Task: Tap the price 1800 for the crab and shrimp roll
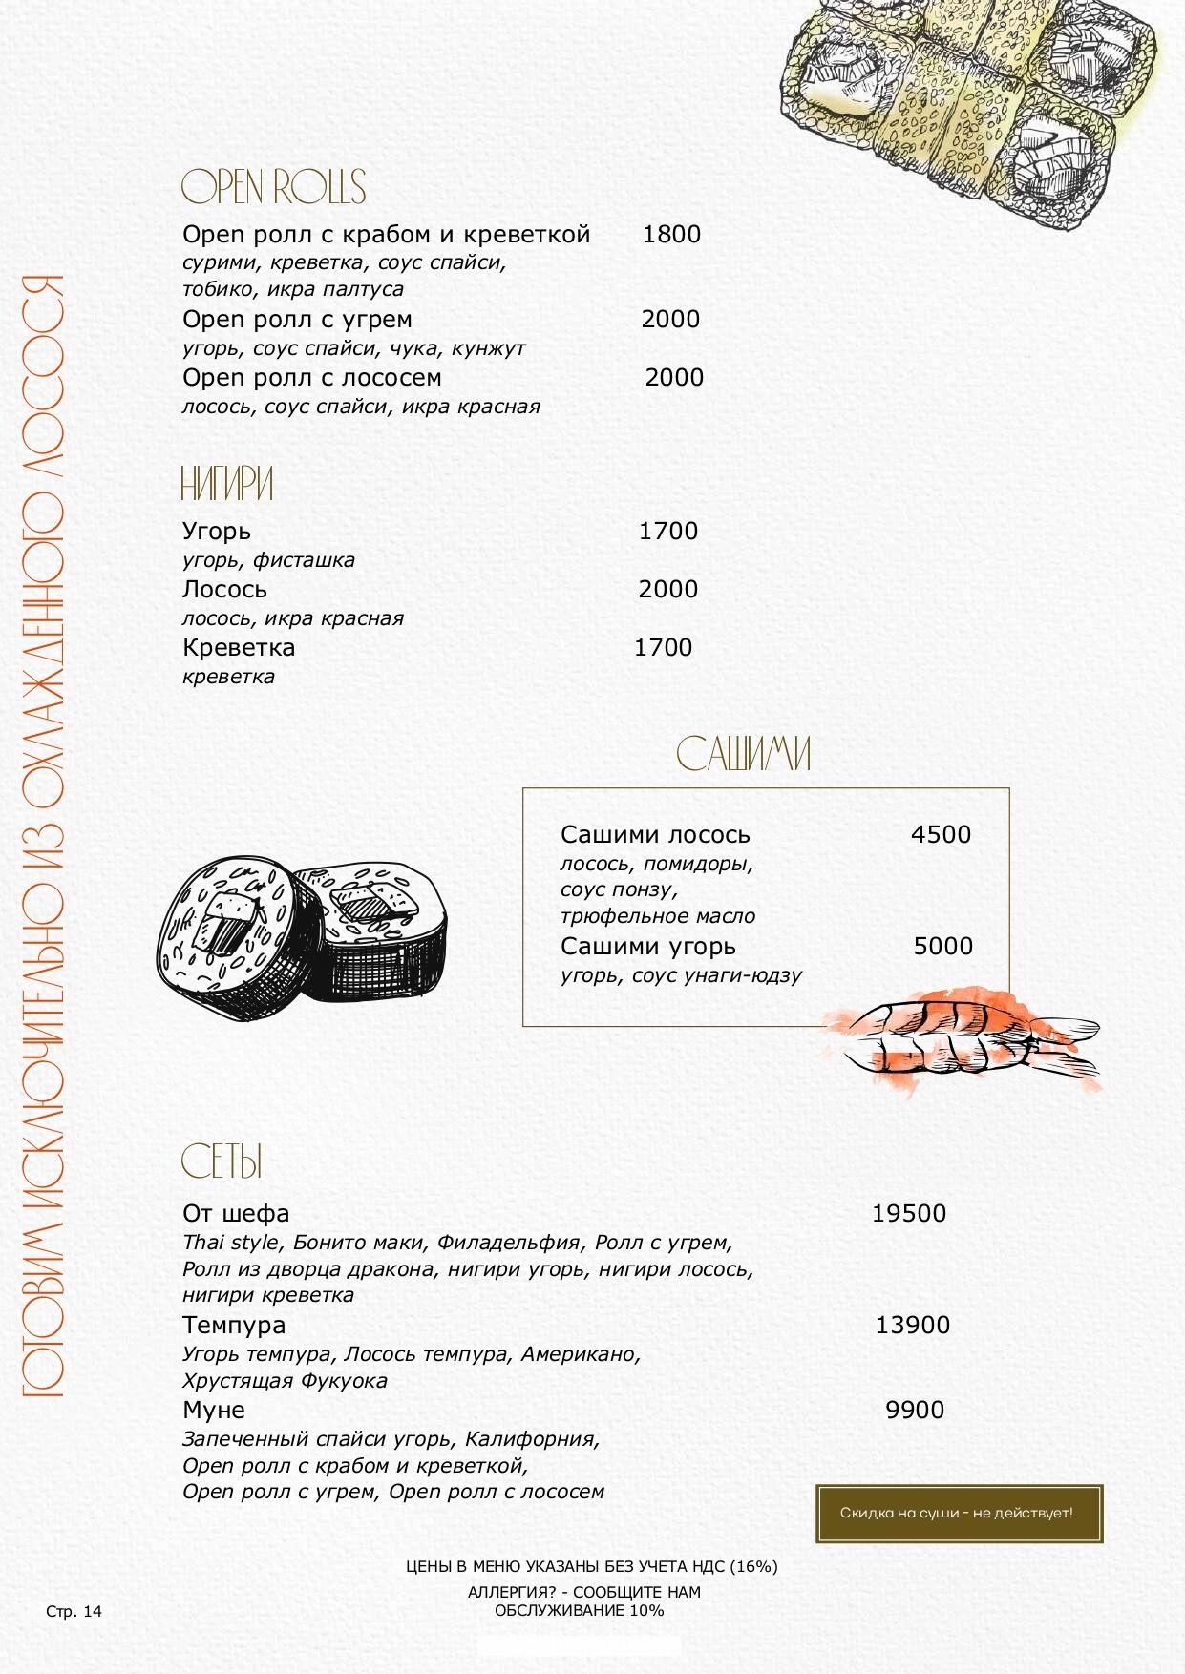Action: [671, 234]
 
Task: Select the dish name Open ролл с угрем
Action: [297, 319]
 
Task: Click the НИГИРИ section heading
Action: [227, 484]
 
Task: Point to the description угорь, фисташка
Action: [268, 560]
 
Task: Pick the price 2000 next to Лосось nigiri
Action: [667, 589]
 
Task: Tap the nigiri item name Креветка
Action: [239, 647]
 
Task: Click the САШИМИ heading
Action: [744, 754]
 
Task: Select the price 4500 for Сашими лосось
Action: [941, 834]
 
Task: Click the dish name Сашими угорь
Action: [648, 946]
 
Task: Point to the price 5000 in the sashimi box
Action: [942, 946]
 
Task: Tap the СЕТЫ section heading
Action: [222, 1161]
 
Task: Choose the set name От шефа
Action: [236, 1213]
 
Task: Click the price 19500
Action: [908, 1213]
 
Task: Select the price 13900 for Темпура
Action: [912, 1325]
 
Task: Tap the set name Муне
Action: [214, 1410]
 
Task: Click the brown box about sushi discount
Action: [959, 1513]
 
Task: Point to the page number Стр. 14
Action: [74, 1612]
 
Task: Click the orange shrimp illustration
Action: [964, 1036]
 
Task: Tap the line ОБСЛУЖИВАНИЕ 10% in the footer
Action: [579, 1610]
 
